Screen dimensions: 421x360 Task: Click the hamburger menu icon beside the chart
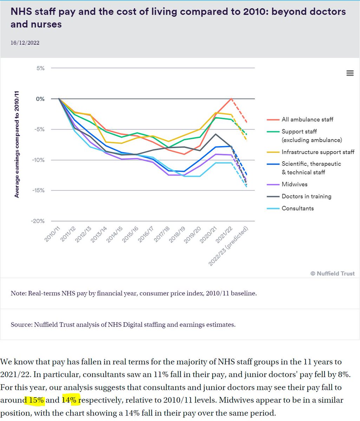[350, 73]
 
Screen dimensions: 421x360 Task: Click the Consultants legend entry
[297, 208]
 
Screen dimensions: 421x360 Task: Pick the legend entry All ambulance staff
[307, 119]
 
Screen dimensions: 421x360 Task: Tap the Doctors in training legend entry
[306, 196]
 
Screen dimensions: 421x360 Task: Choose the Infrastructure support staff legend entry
[318, 152]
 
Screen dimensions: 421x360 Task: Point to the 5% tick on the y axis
[40, 68]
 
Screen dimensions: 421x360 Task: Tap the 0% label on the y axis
[40, 99]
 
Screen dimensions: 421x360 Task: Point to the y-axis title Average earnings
[17, 144]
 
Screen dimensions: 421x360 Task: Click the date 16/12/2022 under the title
[25, 43]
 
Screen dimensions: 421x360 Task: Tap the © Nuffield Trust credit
[332, 273]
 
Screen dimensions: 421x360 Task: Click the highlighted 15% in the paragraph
[35, 400]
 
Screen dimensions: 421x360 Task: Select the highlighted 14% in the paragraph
[71, 400]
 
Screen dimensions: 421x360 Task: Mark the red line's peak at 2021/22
[231, 99]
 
